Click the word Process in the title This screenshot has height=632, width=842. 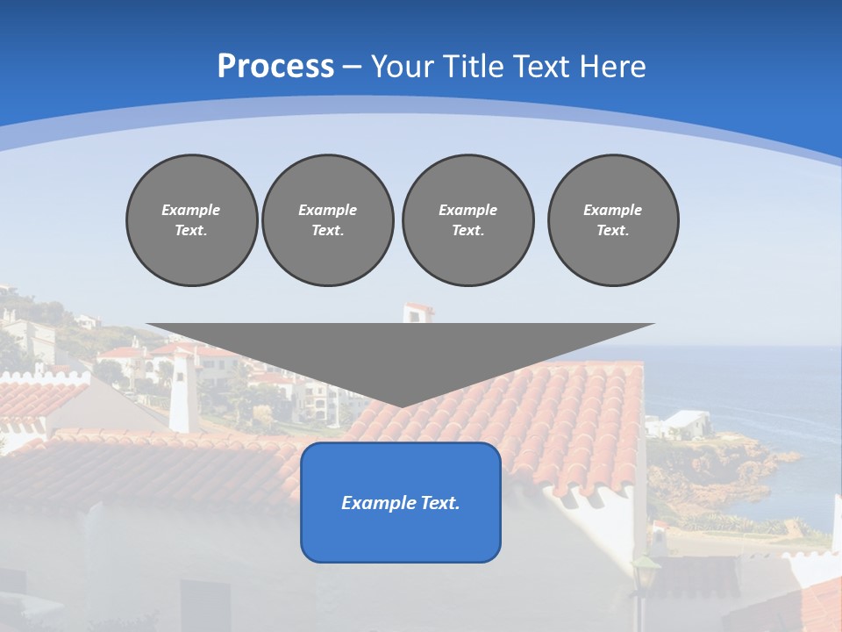[275, 67]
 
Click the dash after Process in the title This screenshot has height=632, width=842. [353, 68]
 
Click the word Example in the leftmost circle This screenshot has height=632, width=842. [191, 210]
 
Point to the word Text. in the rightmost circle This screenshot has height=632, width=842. [612, 230]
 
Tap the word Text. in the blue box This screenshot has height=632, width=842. [439, 503]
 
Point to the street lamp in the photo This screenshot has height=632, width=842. [645, 579]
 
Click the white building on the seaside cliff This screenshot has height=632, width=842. [680, 423]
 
